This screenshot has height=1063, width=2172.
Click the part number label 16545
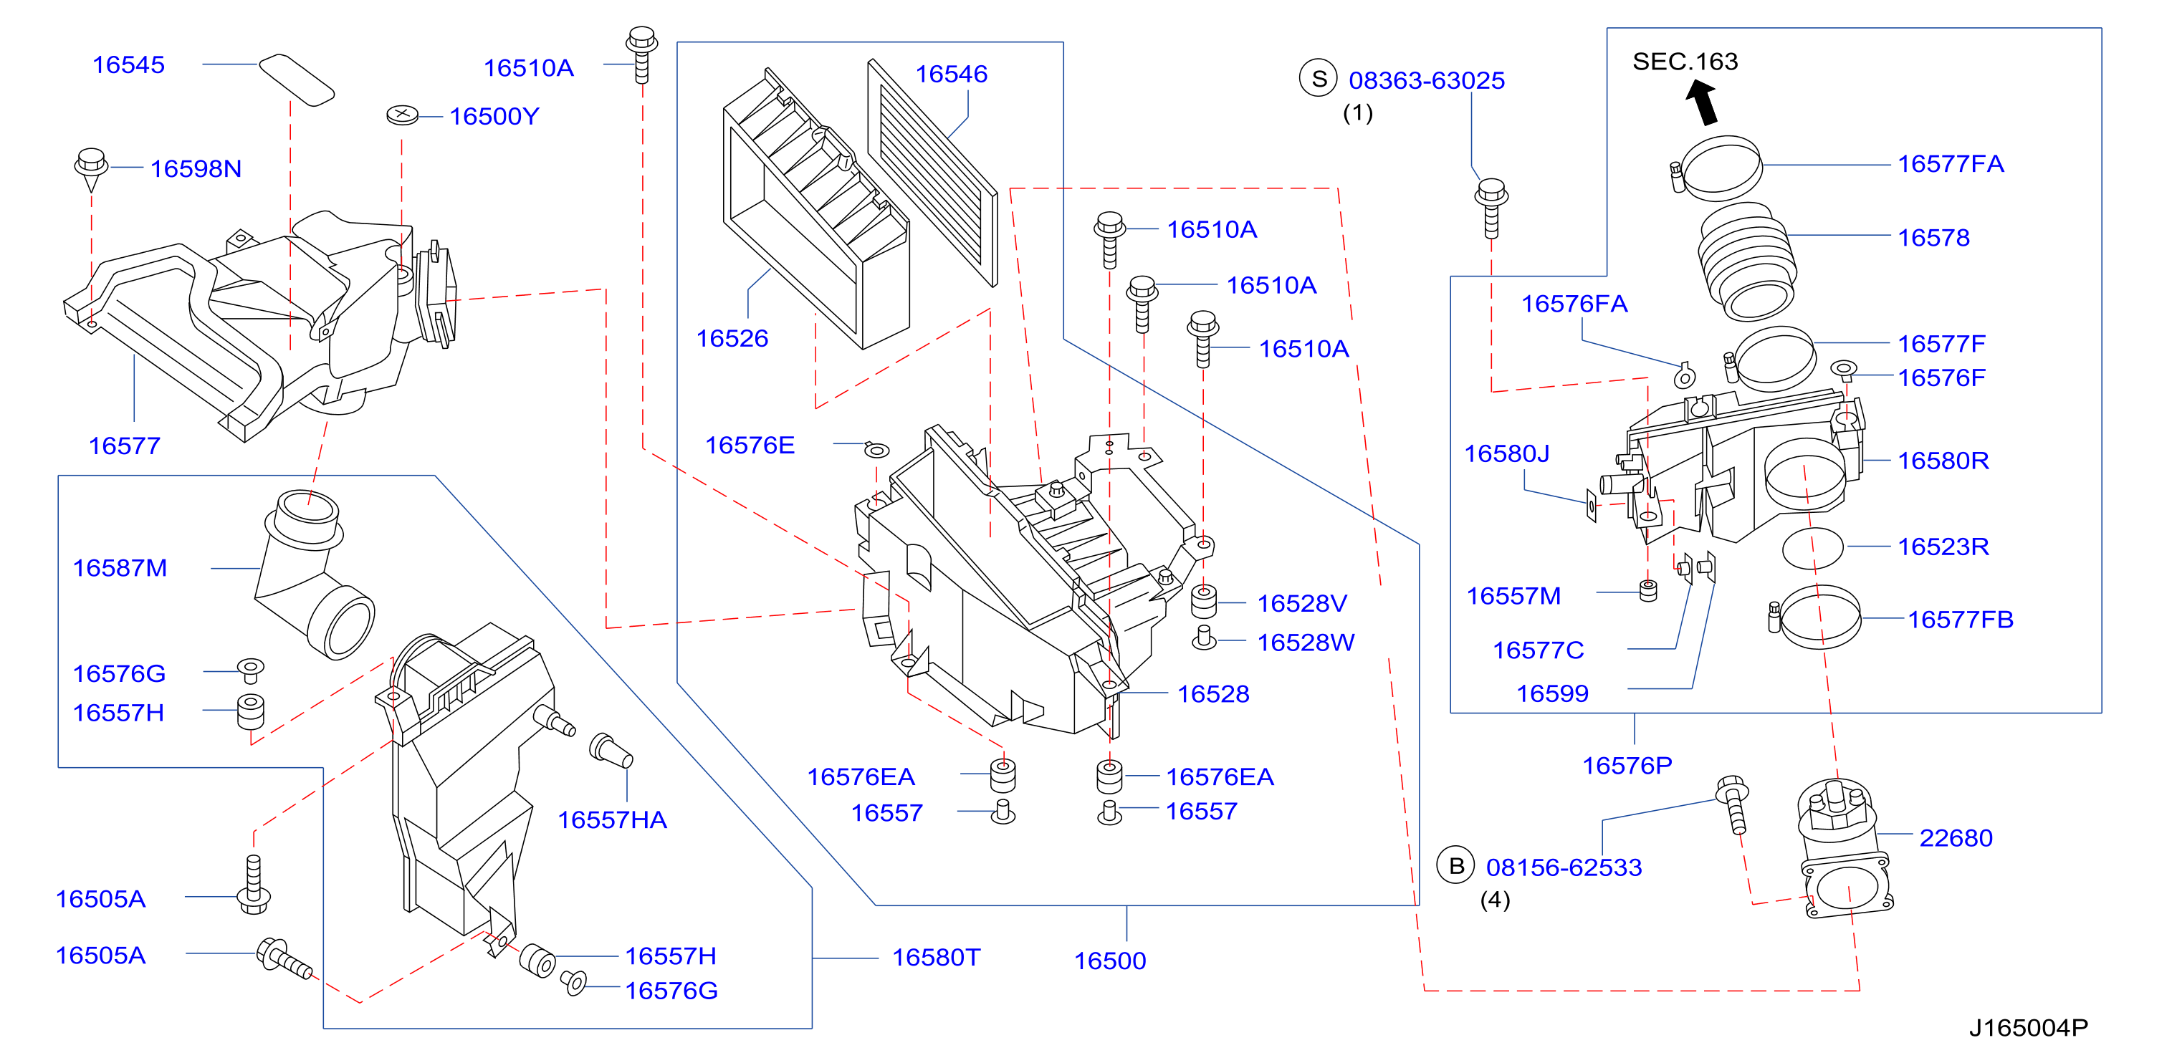point(128,65)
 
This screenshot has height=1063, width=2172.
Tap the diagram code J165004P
point(2028,1028)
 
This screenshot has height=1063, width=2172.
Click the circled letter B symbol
point(1455,866)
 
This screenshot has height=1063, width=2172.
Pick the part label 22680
point(1956,838)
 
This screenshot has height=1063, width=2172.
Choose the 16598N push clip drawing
point(90,168)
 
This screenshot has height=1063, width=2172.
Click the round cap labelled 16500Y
point(402,115)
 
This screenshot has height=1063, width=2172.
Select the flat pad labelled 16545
point(296,80)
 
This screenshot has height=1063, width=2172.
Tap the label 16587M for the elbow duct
point(120,568)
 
